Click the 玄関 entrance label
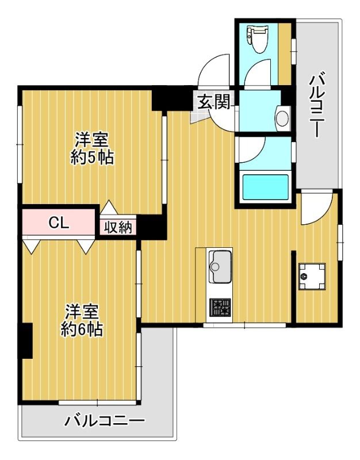pos(214,102)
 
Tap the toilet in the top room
pos(254,36)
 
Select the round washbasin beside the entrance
pos(282,118)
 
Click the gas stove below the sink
pos(219,309)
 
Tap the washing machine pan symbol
pos(312,277)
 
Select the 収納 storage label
pos(118,227)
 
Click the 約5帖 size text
pos(92,158)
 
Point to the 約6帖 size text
pos(82,329)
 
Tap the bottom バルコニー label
pos(104,421)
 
